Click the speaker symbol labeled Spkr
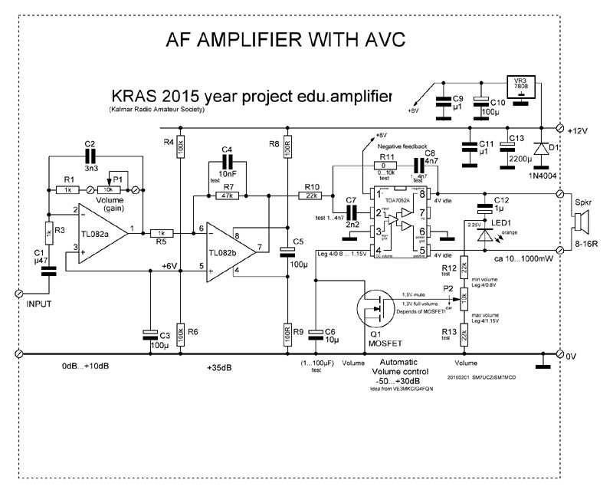[x=581, y=225]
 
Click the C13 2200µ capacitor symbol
[x=507, y=150]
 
